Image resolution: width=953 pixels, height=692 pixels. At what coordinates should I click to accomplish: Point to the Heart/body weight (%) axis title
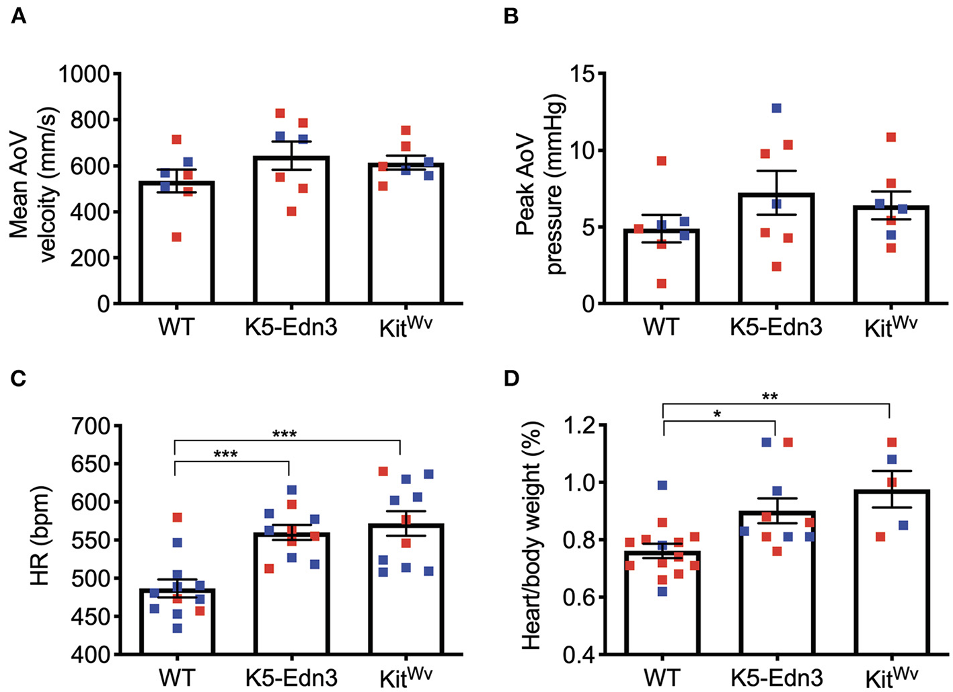531,538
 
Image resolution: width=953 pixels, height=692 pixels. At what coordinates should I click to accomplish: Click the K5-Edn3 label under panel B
776,328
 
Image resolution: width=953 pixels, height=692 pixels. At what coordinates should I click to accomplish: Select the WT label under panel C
176,677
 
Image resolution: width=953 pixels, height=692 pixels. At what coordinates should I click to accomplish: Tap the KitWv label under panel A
405,328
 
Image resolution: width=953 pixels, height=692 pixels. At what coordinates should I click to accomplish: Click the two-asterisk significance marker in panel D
770,397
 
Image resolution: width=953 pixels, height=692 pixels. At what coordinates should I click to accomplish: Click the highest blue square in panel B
777,108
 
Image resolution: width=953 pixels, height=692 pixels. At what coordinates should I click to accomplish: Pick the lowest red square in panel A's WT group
176,237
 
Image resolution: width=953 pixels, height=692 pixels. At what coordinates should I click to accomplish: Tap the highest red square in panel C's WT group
177,518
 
